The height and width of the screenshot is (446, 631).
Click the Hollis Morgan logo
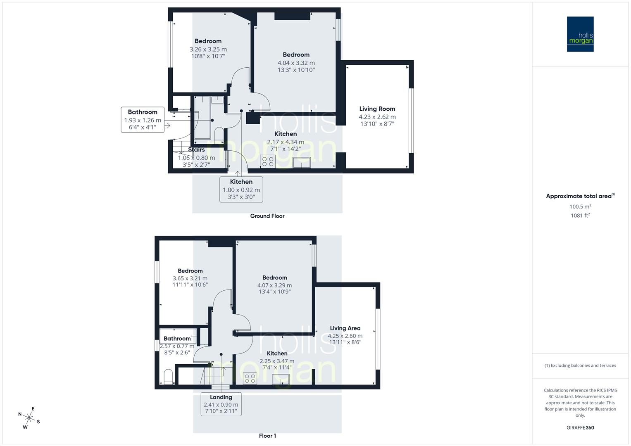pyautogui.click(x=580, y=34)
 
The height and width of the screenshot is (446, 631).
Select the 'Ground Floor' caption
pyautogui.click(x=267, y=216)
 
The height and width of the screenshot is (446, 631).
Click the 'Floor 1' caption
pyautogui.click(x=267, y=436)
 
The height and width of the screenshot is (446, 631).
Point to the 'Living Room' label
pyautogui.click(x=377, y=109)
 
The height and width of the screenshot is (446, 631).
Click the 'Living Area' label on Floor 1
pyautogui.click(x=345, y=328)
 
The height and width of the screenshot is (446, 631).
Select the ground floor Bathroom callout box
pyautogui.click(x=143, y=119)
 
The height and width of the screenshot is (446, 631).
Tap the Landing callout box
pyautogui.click(x=221, y=404)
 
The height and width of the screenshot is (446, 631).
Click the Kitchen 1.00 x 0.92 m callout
pyautogui.click(x=241, y=189)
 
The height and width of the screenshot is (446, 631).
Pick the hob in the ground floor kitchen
pyautogui.click(x=267, y=161)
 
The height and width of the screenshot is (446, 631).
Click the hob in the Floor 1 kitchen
pyautogui.click(x=250, y=378)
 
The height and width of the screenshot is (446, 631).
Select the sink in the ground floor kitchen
pyautogui.click(x=302, y=163)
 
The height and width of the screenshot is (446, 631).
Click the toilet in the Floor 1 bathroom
pyautogui.click(x=168, y=377)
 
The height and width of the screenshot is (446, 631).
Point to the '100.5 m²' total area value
pyautogui.click(x=580, y=206)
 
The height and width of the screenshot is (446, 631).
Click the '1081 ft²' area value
pyautogui.click(x=580, y=215)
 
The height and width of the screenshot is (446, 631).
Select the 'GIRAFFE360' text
pyautogui.click(x=580, y=427)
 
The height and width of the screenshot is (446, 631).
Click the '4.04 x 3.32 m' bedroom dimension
pyautogui.click(x=296, y=63)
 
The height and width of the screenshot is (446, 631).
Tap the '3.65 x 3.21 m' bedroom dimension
pyautogui.click(x=190, y=278)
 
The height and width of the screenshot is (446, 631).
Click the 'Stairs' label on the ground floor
pyautogui.click(x=196, y=149)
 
